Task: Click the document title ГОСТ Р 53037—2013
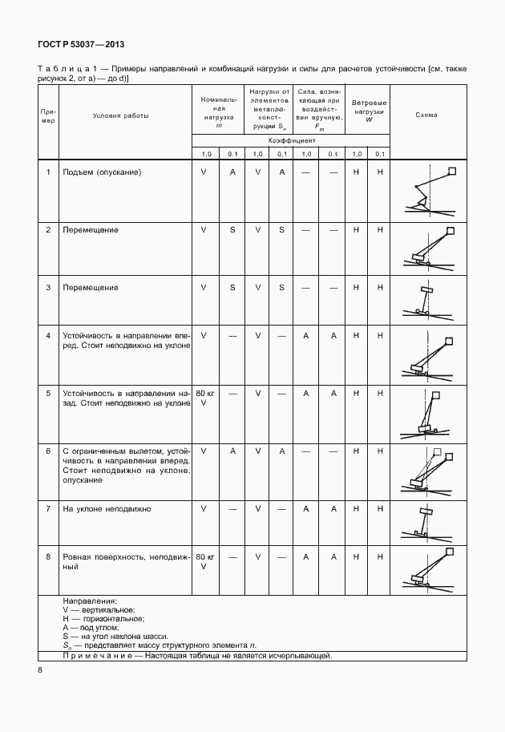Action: (x=80, y=45)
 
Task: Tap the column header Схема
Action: (x=426, y=115)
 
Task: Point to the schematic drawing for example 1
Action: (x=427, y=190)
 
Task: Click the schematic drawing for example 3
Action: (x=426, y=298)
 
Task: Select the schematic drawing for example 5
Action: (x=426, y=414)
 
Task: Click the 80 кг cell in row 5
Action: (x=205, y=394)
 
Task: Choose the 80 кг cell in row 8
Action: (x=205, y=556)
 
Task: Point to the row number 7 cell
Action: (x=47, y=509)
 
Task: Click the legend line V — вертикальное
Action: (x=99, y=610)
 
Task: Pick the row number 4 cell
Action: (x=47, y=335)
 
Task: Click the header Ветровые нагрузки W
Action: (x=370, y=112)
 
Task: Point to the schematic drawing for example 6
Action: (x=426, y=472)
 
